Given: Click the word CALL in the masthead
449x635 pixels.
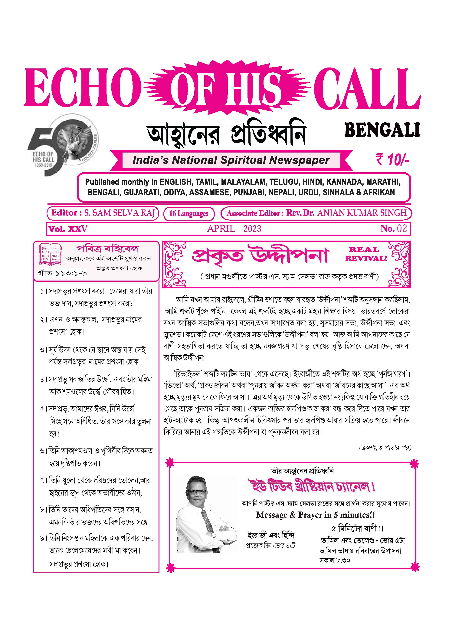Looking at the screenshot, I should (x=367, y=88).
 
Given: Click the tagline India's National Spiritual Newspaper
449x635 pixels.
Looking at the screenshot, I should (x=231, y=160).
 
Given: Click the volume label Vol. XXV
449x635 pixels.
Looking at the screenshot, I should (x=68, y=229).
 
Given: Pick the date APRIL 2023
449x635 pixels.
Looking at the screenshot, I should (x=234, y=229).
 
